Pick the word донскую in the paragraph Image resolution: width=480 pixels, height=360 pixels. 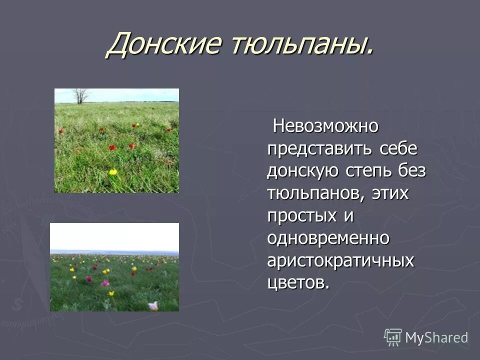click(303, 171)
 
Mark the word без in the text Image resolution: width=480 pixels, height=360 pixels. click(412, 171)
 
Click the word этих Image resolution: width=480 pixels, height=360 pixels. click(390, 193)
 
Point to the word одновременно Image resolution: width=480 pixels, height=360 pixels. click(328, 238)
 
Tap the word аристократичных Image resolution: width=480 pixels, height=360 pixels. click(340, 260)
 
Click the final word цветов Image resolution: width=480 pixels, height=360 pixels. click(298, 283)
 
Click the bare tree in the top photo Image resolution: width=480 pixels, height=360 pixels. click(81, 95)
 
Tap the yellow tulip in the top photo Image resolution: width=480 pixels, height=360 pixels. click(113, 172)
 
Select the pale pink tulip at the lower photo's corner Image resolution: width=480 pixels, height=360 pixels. click(153, 305)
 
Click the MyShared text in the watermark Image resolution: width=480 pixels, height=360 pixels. click(436, 338)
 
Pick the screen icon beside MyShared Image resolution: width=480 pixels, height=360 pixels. click(393, 337)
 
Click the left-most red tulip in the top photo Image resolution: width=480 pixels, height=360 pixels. click(61, 131)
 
